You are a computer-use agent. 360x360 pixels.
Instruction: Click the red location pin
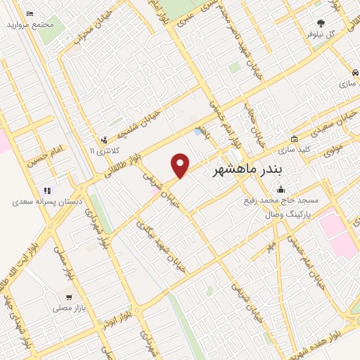click(181, 165)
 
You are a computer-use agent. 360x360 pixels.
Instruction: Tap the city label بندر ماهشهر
click(246, 170)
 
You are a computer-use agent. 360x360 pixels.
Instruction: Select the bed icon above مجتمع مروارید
click(29, 14)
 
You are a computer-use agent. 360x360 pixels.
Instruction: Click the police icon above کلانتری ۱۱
click(104, 140)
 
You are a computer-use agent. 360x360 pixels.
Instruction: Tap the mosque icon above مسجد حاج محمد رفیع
click(281, 189)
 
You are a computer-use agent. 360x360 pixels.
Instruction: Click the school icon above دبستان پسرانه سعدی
click(47, 191)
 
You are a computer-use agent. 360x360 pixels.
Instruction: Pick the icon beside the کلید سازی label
click(294, 139)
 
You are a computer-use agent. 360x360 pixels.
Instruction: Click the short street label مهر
click(269, 246)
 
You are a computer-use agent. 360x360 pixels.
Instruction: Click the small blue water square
click(197, 131)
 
